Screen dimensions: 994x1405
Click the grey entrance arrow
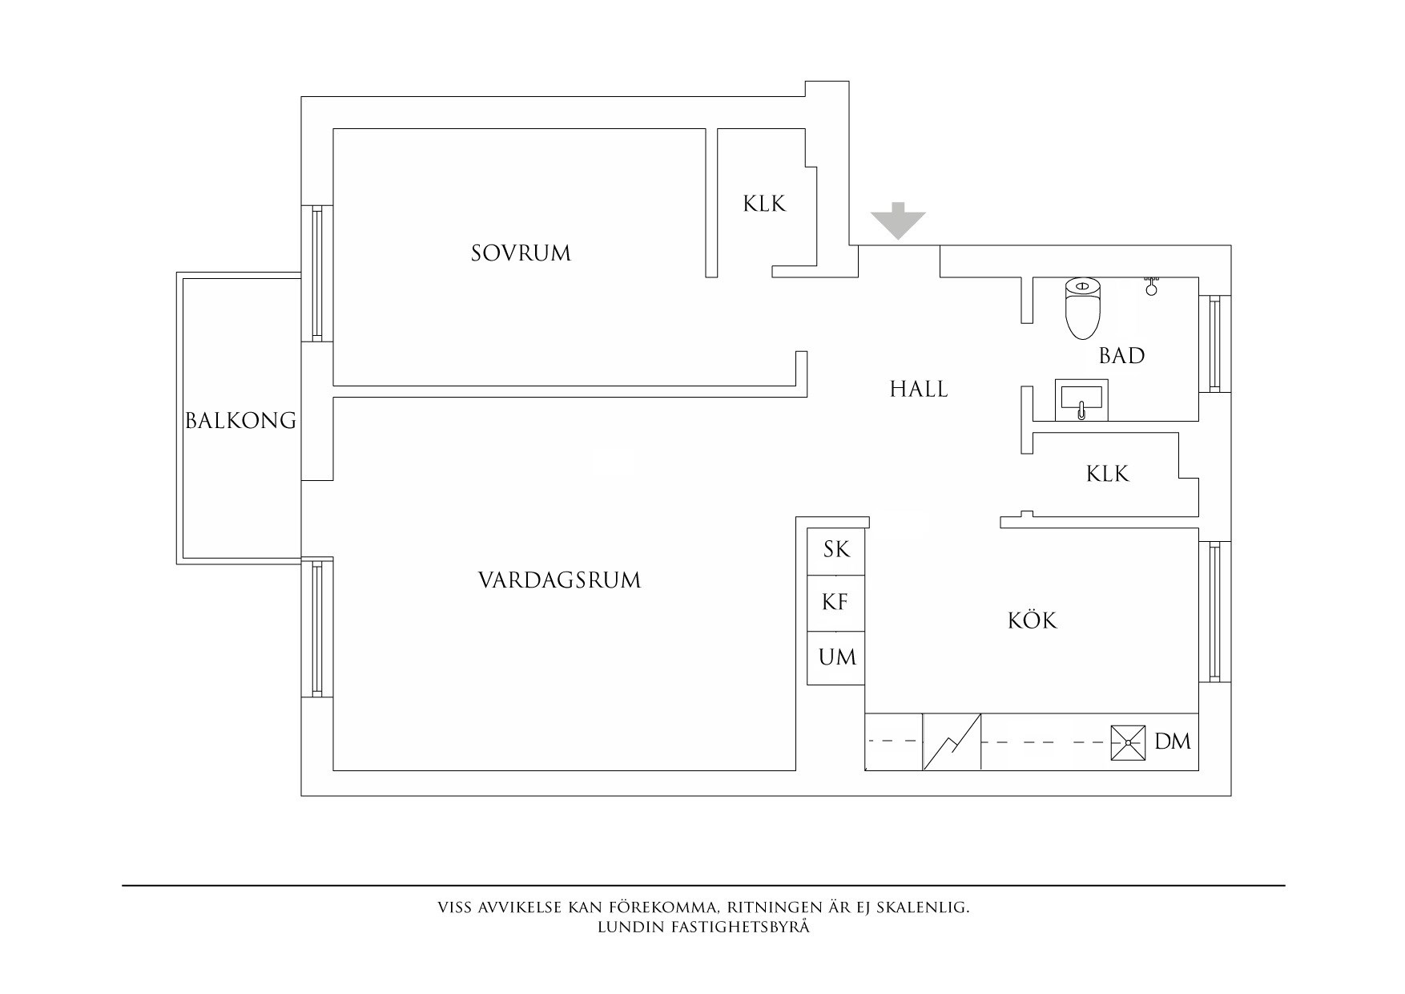tap(898, 220)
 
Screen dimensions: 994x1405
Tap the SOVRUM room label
tap(521, 253)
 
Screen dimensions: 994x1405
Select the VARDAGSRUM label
tap(559, 580)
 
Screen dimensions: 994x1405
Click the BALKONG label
tap(240, 420)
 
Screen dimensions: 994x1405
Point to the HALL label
tap(919, 390)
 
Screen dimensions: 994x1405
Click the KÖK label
tap(1032, 620)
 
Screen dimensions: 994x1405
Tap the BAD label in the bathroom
tap(1121, 355)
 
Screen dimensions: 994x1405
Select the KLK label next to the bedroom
tap(764, 204)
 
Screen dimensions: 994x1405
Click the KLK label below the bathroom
tap(1107, 474)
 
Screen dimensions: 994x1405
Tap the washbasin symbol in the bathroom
tap(1080, 399)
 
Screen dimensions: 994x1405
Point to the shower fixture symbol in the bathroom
tap(1151, 285)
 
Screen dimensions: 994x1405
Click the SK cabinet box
tap(835, 551)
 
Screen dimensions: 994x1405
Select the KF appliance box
tap(835, 603)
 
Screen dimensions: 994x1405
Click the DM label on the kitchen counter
tap(1173, 741)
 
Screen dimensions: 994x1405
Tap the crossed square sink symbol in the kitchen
tap(1128, 743)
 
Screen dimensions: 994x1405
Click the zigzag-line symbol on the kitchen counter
tap(952, 742)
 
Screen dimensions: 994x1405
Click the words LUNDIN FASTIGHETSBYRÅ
tap(703, 927)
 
